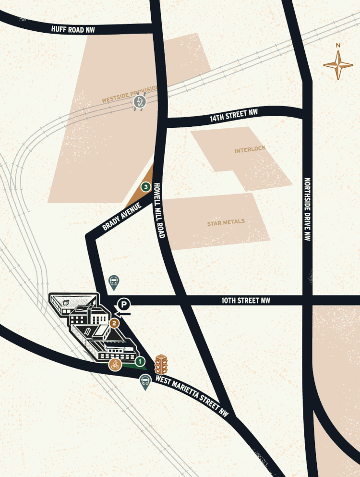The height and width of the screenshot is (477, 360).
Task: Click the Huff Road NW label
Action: [73, 29]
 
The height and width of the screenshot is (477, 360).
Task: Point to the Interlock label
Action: [250, 150]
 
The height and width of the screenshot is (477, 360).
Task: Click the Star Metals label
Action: [226, 222]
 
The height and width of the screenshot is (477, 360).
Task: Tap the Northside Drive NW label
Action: [307, 209]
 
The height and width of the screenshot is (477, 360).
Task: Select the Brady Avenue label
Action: [122, 217]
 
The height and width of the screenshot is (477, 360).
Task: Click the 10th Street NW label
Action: [245, 301]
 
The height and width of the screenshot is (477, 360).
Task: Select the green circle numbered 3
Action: [145, 186]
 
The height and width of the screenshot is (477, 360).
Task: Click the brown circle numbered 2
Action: [114, 323]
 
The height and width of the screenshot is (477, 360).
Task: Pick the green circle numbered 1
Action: [140, 360]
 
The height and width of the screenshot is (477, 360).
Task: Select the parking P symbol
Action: [124, 304]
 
